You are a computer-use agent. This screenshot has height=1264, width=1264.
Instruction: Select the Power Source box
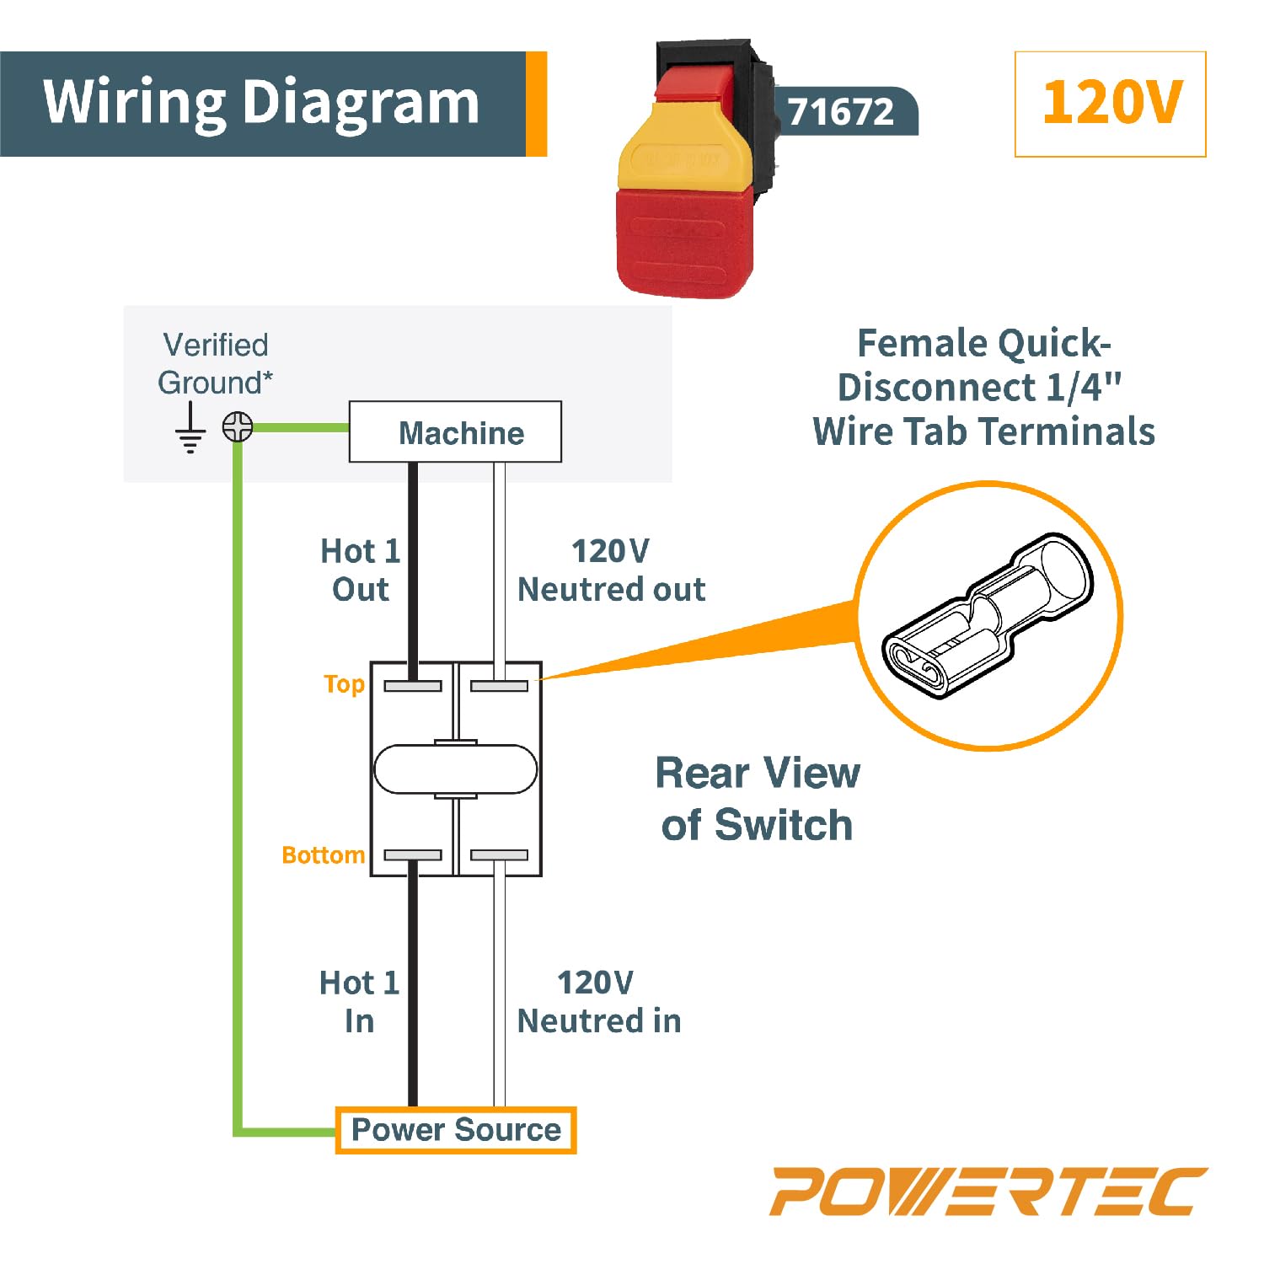click(x=455, y=1129)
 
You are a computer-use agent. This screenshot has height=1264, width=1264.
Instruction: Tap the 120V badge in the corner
click(x=1110, y=104)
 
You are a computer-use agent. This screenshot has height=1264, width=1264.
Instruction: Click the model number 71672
click(x=840, y=111)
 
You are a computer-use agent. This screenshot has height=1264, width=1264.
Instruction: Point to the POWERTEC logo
click(x=988, y=1191)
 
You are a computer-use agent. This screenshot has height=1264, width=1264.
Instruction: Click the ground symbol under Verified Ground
click(x=190, y=430)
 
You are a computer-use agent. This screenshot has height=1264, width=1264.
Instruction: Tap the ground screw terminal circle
click(x=238, y=426)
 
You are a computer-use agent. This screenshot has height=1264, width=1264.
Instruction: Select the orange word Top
click(x=344, y=683)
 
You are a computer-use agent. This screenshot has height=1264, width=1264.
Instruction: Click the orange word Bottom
click(x=323, y=855)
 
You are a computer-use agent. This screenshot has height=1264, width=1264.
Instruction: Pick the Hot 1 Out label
click(x=361, y=570)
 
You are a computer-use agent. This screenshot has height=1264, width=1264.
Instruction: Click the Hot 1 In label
click(x=359, y=1001)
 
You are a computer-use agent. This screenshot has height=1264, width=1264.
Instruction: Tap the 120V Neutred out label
click(x=611, y=570)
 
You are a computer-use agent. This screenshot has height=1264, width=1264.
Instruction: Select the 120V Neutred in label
click(x=598, y=1001)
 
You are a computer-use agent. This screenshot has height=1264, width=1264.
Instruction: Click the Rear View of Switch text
click(x=757, y=798)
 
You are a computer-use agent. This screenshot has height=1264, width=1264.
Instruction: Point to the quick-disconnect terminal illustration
click(x=988, y=615)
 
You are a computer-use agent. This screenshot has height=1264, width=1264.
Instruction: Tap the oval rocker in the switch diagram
click(x=455, y=769)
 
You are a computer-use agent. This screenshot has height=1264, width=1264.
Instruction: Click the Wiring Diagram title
click(x=261, y=103)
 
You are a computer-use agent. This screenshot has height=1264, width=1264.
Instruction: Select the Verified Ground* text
click(x=215, y=363)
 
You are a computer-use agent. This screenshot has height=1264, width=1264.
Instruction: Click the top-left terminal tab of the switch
click(x=413, y=686)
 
